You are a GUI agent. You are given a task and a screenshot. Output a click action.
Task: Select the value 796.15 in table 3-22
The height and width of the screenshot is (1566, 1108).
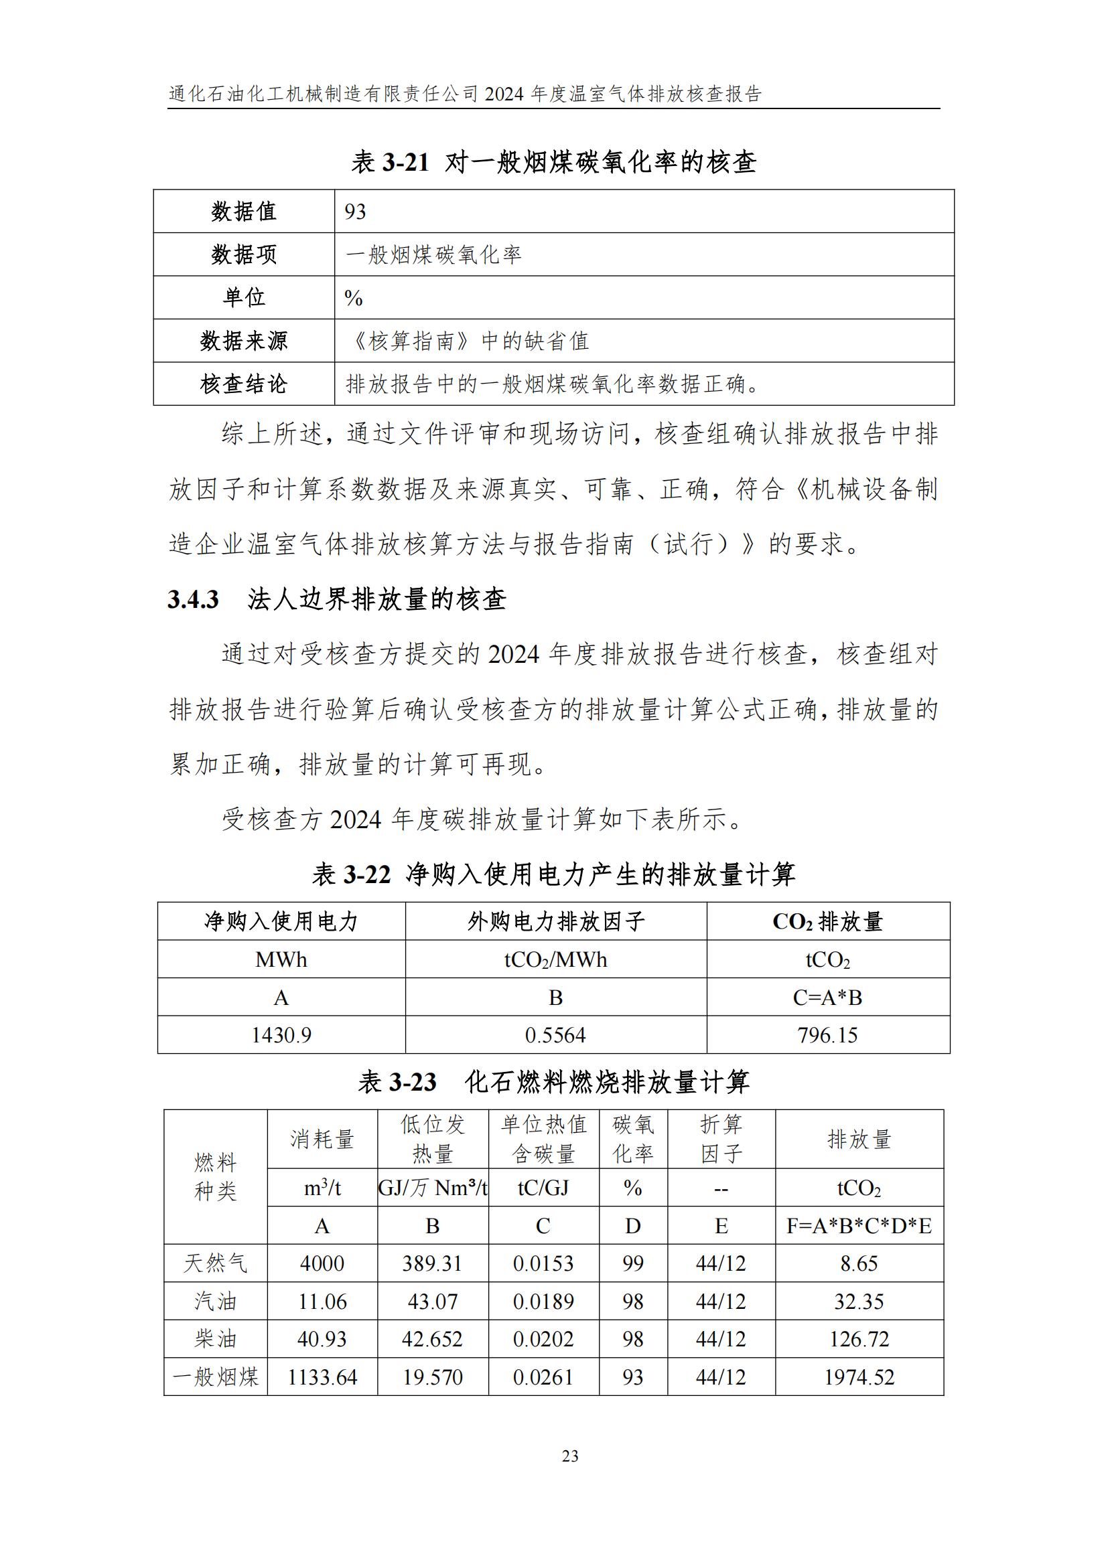click(x=827, y=1034)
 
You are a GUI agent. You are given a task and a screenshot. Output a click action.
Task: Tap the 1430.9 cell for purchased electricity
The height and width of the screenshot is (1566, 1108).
click(x=281, y=1034)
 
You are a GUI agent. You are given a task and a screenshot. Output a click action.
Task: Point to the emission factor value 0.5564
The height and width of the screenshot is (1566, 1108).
click(x=555, y=1034)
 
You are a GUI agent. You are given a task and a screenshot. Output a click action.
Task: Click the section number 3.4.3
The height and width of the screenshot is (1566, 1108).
click(x=193, y=599)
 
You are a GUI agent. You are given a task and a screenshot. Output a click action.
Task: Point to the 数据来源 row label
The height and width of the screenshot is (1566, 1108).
click(x=244, y=340)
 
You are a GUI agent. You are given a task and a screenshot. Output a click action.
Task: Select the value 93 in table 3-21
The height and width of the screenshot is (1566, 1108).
click(x=356, y=212)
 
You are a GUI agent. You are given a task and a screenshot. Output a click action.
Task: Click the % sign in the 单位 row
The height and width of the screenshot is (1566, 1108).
click(x=354, y=297)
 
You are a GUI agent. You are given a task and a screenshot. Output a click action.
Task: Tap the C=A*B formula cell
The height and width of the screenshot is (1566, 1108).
click(x=827, y=997)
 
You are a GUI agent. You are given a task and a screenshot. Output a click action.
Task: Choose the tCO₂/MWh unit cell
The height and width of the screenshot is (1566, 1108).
click(x=555, y=959)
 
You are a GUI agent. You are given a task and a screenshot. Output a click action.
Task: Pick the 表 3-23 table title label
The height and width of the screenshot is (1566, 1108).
click(x=397, y=1083)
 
